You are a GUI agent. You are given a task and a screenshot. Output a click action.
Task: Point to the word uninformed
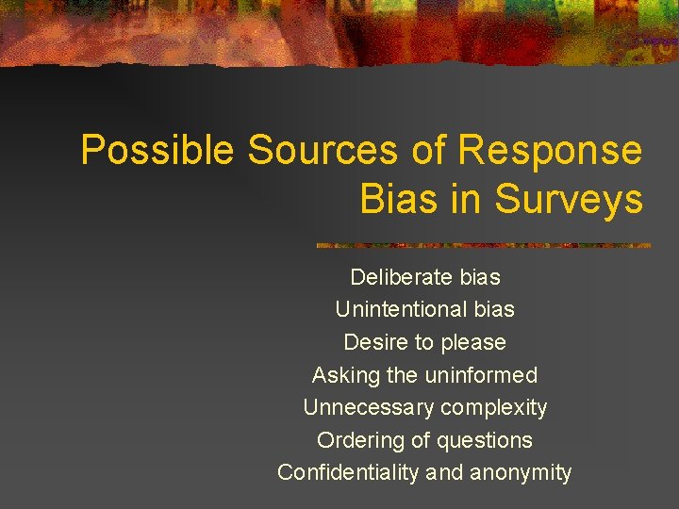(x=481, y=375)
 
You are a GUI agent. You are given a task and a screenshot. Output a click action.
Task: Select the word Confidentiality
(x=349, y=472)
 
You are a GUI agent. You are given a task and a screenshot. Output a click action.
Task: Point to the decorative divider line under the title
(x=483, y=245)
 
